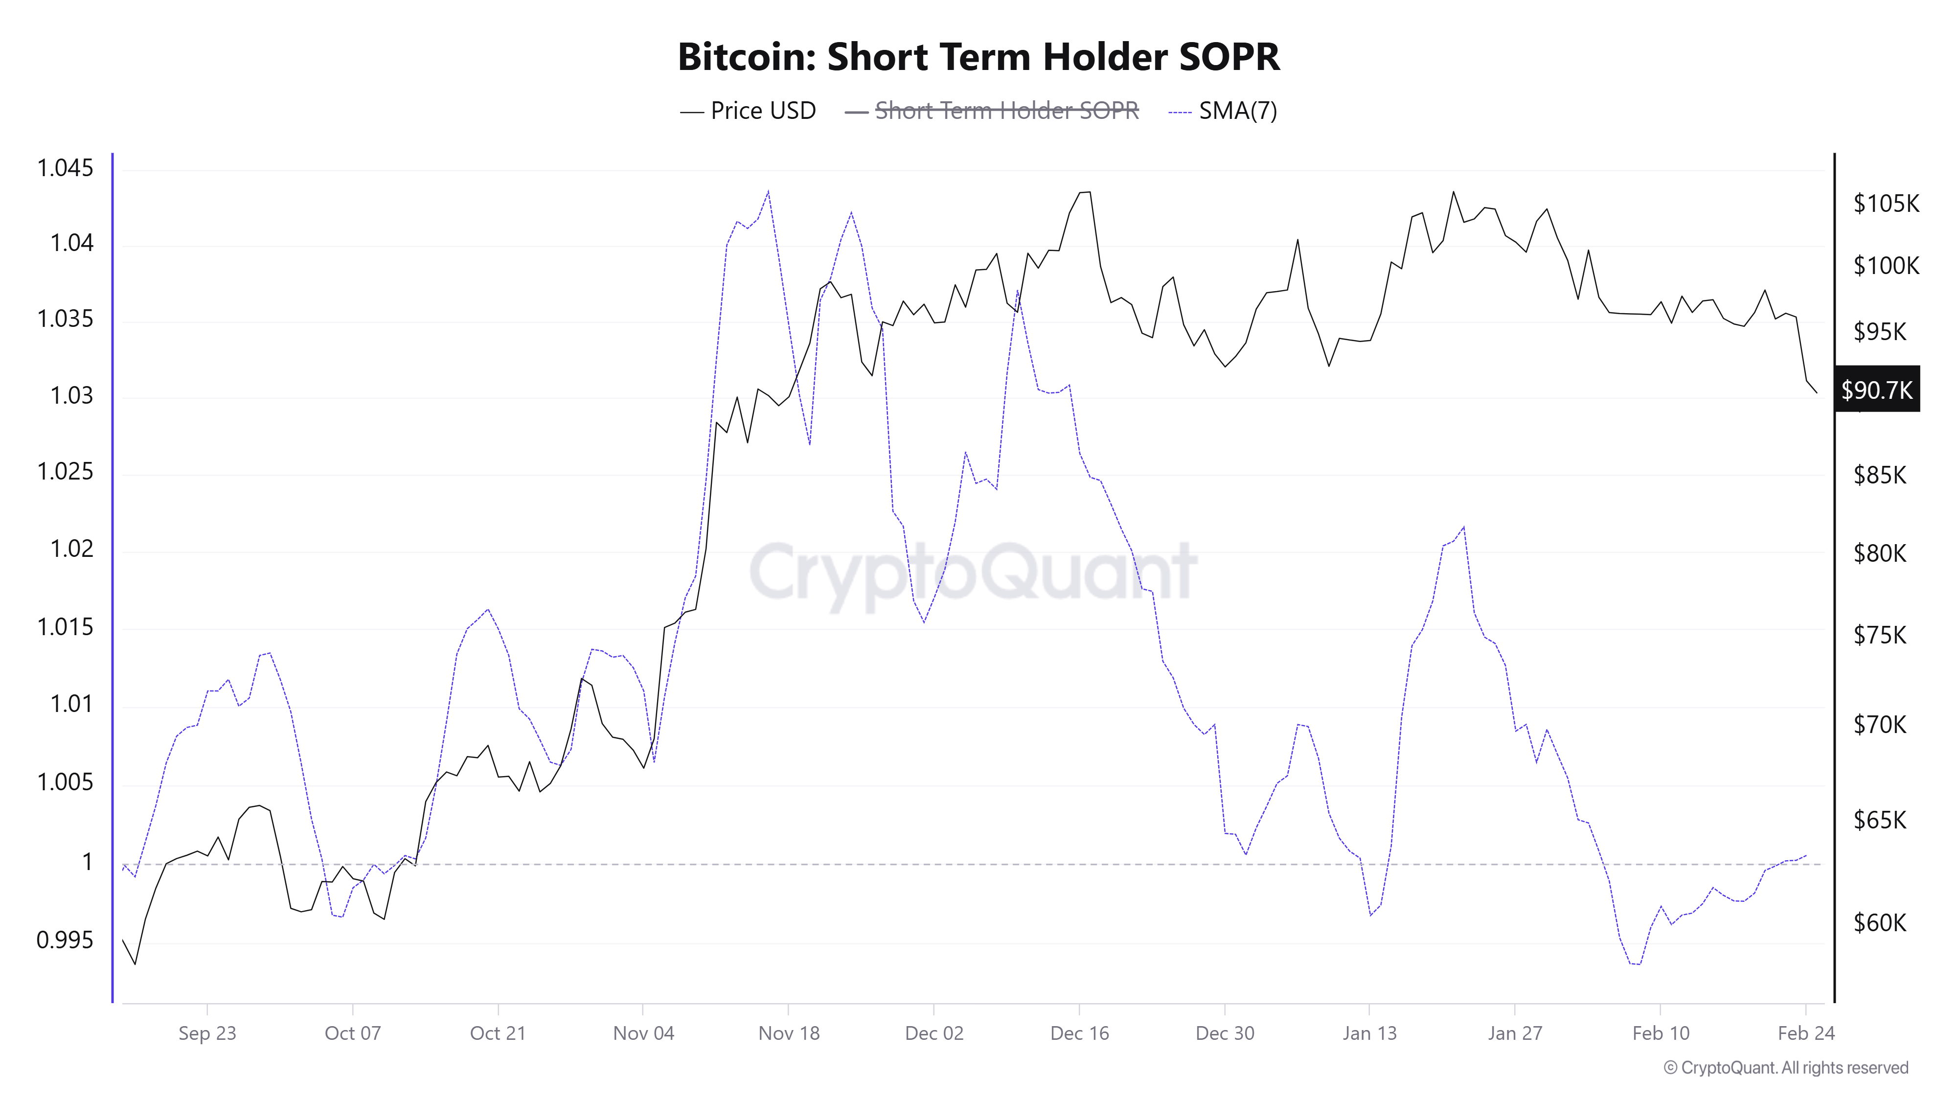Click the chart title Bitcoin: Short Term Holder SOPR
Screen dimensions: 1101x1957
(978, 57)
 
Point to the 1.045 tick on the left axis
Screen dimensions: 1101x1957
(66, 168)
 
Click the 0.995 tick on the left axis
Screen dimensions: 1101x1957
(66, 940)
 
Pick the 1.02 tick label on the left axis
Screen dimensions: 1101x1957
(71, 549)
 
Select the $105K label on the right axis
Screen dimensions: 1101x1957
(1886, 204)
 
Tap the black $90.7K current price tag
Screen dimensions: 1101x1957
(1876, 390)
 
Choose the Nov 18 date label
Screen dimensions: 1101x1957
(789, 1033)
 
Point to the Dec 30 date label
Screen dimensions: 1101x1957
(1225, 1033)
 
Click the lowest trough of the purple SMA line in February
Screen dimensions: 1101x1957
(1635, 964)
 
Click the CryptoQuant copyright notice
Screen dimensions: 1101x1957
(1785, 1068)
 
